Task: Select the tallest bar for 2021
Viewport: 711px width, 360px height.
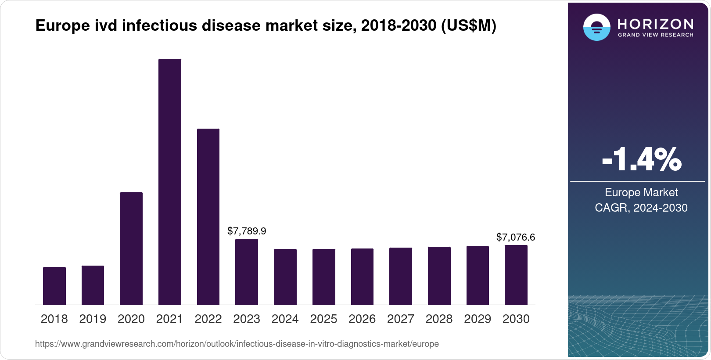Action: point(169,182)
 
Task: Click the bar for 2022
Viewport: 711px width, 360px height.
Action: point(208,216)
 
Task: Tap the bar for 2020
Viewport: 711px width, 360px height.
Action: point(131,248)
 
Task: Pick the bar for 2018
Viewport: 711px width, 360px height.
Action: point(54,286)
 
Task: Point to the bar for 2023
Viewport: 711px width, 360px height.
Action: point(247,272)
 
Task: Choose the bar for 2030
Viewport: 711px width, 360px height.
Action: point(516,275)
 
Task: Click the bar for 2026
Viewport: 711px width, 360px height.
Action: point(362,277)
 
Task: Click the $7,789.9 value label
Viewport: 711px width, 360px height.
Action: point(247,231)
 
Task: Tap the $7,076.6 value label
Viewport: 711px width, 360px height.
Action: point(515,238)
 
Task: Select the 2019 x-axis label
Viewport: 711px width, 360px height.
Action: point(93,319)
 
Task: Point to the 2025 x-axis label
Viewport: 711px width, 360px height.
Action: point(323,319)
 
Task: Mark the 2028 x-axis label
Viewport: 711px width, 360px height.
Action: point(439,319)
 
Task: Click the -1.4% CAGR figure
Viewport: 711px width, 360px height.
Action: point(641,160)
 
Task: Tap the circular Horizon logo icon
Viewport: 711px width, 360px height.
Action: point(596,27)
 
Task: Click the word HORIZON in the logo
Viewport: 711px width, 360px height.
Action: point(655,24)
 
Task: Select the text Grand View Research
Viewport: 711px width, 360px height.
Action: point(655,35)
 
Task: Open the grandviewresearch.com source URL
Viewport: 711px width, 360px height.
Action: point(237,344)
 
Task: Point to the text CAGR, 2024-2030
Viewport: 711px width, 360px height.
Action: point(641,208)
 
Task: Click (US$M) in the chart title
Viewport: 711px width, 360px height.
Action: point(468,26)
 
